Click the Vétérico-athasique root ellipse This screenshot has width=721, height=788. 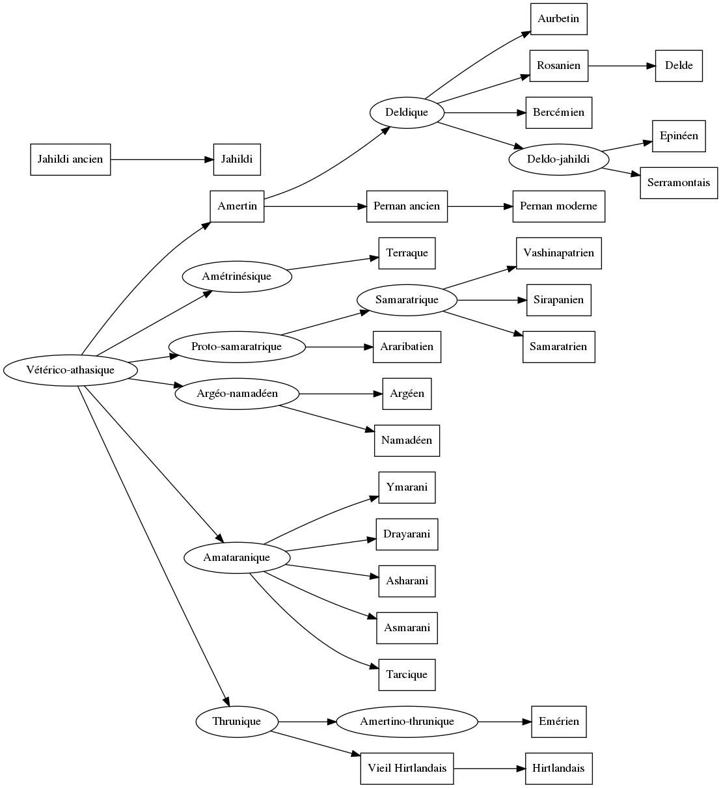pos(70,370)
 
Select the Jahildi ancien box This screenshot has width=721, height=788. pos(70,159)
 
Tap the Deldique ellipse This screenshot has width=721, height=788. pos(407,113)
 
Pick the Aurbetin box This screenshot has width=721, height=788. pos(558,19)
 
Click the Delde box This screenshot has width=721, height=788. pos(679,66)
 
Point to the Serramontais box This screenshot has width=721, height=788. pos(679,183)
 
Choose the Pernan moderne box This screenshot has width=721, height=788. pos(558,206)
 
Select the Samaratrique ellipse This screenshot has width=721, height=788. pos(407,300)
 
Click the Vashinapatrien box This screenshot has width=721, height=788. pos(558,253)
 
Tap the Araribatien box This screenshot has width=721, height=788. pos(407,347)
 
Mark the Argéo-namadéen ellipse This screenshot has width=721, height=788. pos(237,394)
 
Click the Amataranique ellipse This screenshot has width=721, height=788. pos(237,558)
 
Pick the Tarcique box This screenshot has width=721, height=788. pos(407,675)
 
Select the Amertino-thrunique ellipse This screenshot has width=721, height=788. pos(407,722)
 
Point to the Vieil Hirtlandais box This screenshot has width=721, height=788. pos(407,768)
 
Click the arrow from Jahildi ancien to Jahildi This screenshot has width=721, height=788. pos(162,159)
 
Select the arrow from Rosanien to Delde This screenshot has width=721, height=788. pos(621,66)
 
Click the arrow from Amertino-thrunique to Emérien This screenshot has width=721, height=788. pos(504,722)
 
